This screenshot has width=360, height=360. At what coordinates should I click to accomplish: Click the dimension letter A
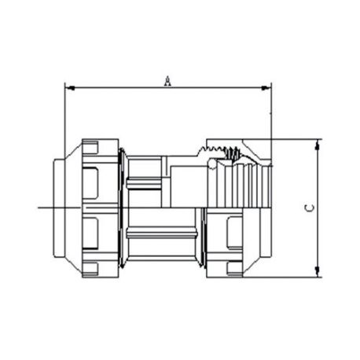(167, 81)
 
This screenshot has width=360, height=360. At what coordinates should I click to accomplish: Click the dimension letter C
(310, 208)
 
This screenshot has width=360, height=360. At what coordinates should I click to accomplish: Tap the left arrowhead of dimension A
(70, 88)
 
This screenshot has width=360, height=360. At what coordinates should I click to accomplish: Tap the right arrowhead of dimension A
(266, 88)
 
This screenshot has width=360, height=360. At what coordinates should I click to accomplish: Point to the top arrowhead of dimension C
(318, 145)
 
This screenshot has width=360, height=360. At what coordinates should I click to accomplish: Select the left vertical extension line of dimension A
(64, 120)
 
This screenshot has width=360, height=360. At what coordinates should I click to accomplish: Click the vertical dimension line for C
(318, 208)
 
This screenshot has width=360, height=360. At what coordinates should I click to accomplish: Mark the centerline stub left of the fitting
(59, 208)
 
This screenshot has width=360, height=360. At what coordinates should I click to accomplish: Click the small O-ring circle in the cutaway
(212, 164)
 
